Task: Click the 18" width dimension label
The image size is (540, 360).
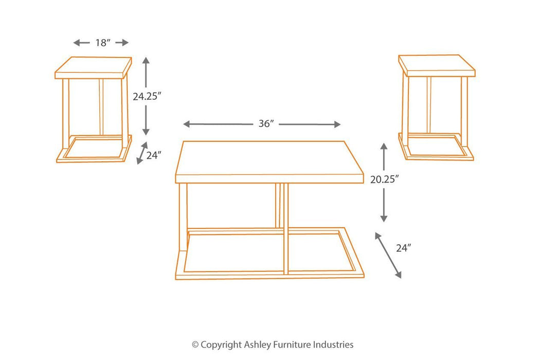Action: tap(101, 43)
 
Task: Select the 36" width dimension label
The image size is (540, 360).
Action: tap(265, 124)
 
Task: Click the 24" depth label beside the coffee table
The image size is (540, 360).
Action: tap(404, 248)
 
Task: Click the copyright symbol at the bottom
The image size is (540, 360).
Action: tap(195, 345)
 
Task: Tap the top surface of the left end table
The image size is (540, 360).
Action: tap(93, 66)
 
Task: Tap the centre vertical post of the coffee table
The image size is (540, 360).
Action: tap(284, 226)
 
